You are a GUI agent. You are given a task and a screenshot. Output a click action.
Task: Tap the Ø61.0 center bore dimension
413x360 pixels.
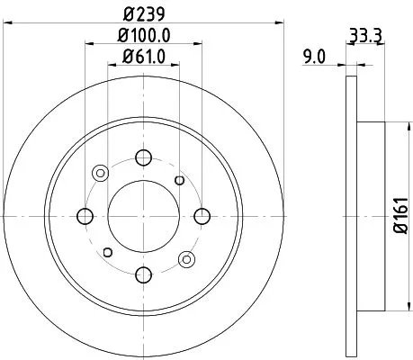click(x=144, y=60)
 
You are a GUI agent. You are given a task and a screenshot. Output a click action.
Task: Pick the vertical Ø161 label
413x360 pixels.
click(x=399, y=215)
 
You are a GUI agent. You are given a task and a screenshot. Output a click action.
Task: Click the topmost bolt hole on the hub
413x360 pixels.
click(x=143, y=158)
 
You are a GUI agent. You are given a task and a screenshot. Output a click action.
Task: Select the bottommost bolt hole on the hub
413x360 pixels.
click(x=143, y=274)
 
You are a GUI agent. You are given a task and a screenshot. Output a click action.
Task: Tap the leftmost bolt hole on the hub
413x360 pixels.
click(x=85, y=216)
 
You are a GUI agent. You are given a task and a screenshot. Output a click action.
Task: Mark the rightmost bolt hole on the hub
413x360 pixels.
click(x=202, y=216)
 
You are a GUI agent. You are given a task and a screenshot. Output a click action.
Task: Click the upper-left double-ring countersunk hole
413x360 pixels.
click(x=100, y=173)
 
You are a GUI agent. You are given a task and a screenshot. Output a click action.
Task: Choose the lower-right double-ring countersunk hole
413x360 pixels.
click(x=187, y=259)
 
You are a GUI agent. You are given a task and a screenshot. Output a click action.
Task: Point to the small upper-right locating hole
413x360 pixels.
click(x=180, y=181)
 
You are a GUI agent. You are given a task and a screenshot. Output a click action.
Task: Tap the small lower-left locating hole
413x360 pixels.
click(x=107, y=252)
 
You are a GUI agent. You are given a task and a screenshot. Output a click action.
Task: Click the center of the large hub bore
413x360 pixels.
click(x=143, y=216)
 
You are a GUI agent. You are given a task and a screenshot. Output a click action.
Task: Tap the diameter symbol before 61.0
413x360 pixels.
click(x=126, y=60)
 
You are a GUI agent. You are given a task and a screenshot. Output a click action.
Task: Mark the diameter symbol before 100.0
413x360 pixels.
click(x=120, y=38)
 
